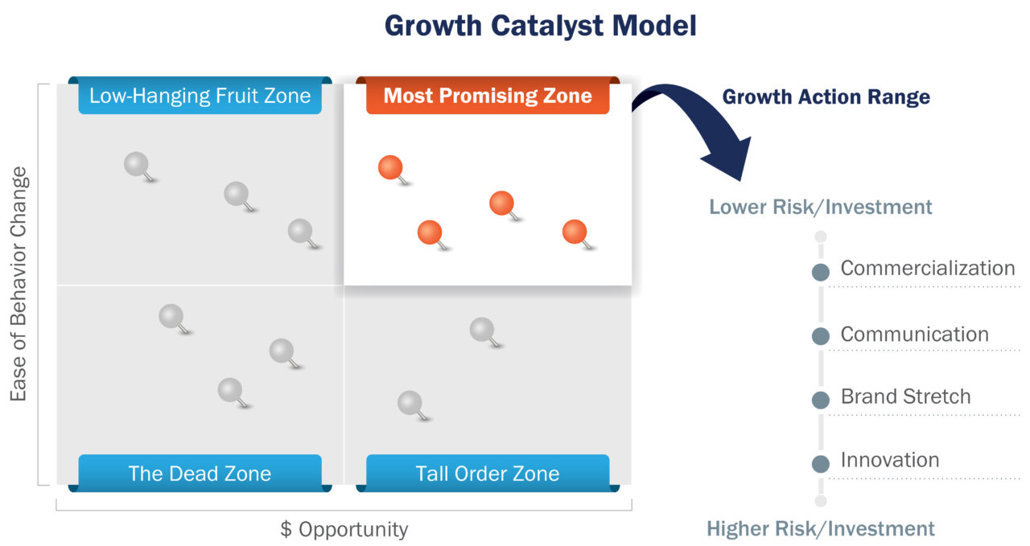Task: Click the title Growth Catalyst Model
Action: point(540,26)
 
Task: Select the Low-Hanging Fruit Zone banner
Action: point(200,96)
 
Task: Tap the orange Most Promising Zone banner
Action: point(488,96)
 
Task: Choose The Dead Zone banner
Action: point(200,473)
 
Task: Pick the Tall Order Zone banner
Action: point(488,473)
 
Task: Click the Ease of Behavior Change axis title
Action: point(19,284)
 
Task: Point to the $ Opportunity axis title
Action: point(344,529)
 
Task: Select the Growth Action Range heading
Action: point(826,97)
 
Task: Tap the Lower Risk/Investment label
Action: point(820,207)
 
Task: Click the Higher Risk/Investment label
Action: point(820,528)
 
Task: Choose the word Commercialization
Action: point(927,269)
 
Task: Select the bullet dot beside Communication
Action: point(820,337)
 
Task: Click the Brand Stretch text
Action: point(905,396)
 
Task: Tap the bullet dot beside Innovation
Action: point(820,463)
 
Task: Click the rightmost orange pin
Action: point(575,232)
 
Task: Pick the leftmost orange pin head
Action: point(390,167)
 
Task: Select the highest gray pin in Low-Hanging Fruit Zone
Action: point(137,164)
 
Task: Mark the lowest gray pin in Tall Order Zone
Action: point(410,402)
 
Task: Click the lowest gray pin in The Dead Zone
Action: point(230,390)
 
